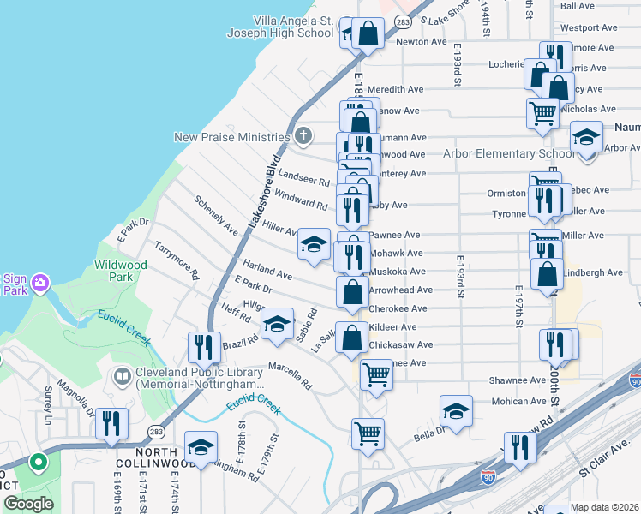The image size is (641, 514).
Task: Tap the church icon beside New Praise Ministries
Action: [303, 136]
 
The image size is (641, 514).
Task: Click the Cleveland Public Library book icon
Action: [123, 376]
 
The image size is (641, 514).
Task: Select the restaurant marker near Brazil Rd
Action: [204, 348]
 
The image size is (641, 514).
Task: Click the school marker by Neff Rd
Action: [277, 326]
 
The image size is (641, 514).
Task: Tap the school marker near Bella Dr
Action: [456, 411]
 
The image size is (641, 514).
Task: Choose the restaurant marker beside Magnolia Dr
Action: [111, 424]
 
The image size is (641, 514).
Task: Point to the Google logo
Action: [28, 504]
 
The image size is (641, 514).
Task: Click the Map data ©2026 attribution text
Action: [605, 507]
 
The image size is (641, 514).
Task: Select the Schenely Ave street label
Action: [216, 215]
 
